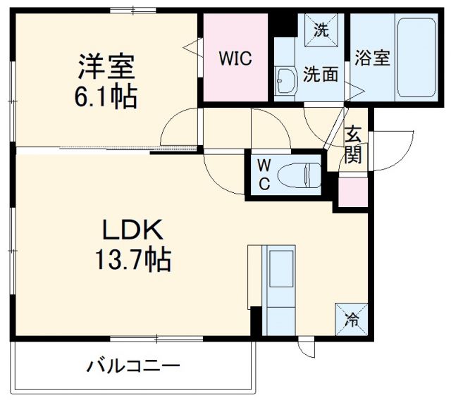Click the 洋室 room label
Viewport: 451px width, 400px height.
coord(106,68)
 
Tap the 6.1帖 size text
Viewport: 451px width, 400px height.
coord(106,96)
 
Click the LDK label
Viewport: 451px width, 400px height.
coord(134,230)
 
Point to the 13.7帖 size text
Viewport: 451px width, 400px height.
coord(133,261)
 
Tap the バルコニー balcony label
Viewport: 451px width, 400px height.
coord(134,366)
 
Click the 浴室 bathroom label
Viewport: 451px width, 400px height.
coord(372,58)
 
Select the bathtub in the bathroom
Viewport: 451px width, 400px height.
coord(416,58)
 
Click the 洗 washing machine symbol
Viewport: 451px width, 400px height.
coord(321,30)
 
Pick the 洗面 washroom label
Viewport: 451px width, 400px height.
coord(321,74)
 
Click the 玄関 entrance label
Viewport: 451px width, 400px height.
coord(353,144)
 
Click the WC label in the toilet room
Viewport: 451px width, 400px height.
coord(262,174)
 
